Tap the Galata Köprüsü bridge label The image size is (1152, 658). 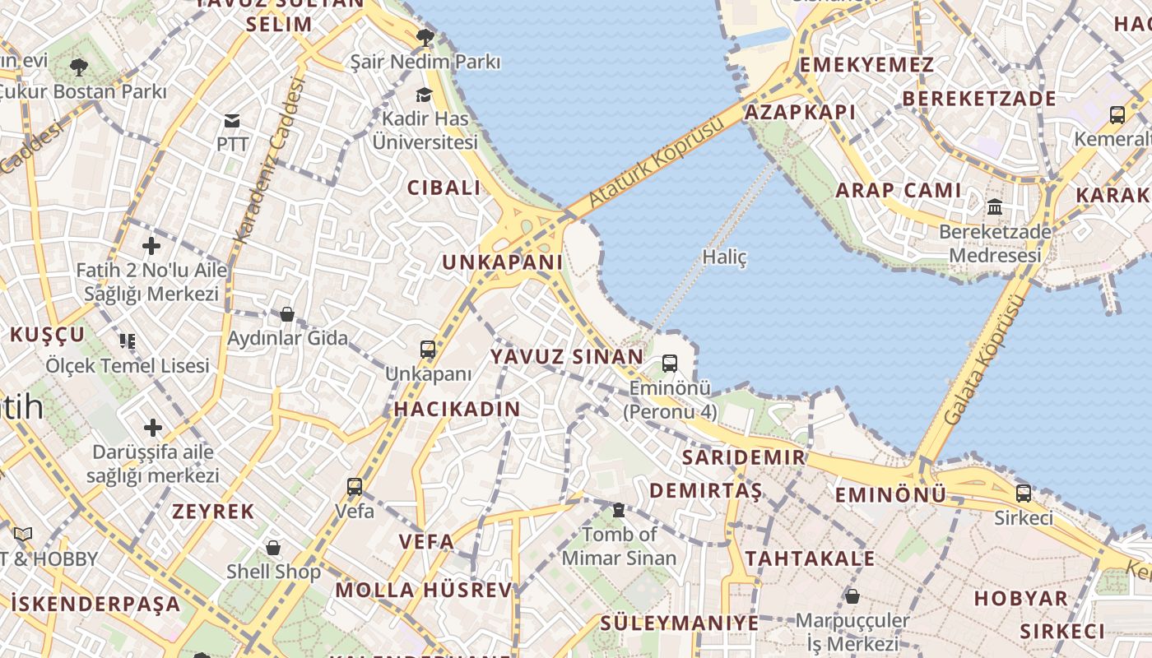[985, 359]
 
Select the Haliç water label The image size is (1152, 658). [724, 257]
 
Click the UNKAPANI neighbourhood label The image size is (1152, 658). [503, 262]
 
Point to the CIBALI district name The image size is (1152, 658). [444, 188]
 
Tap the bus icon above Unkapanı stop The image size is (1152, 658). [428, 349]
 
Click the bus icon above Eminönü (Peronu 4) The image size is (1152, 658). [670, 363]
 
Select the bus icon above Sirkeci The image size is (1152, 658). [1023, 493]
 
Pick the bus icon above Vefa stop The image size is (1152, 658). [355, 486]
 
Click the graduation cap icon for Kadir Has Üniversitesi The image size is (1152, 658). [424, 95]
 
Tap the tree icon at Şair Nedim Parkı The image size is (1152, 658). [425, 37]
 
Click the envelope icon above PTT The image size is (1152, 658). [232, 121]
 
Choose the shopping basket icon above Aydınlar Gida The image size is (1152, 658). [287, 313]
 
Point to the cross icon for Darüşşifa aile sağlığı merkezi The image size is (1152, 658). [152, 428]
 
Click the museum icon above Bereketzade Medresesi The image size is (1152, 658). [995, 206]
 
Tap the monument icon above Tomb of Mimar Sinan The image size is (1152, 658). [619, 510]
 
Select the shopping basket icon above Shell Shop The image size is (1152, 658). [273, 547]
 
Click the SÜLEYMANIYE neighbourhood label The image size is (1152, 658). [680, 623]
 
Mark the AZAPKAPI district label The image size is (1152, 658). [788, 112]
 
